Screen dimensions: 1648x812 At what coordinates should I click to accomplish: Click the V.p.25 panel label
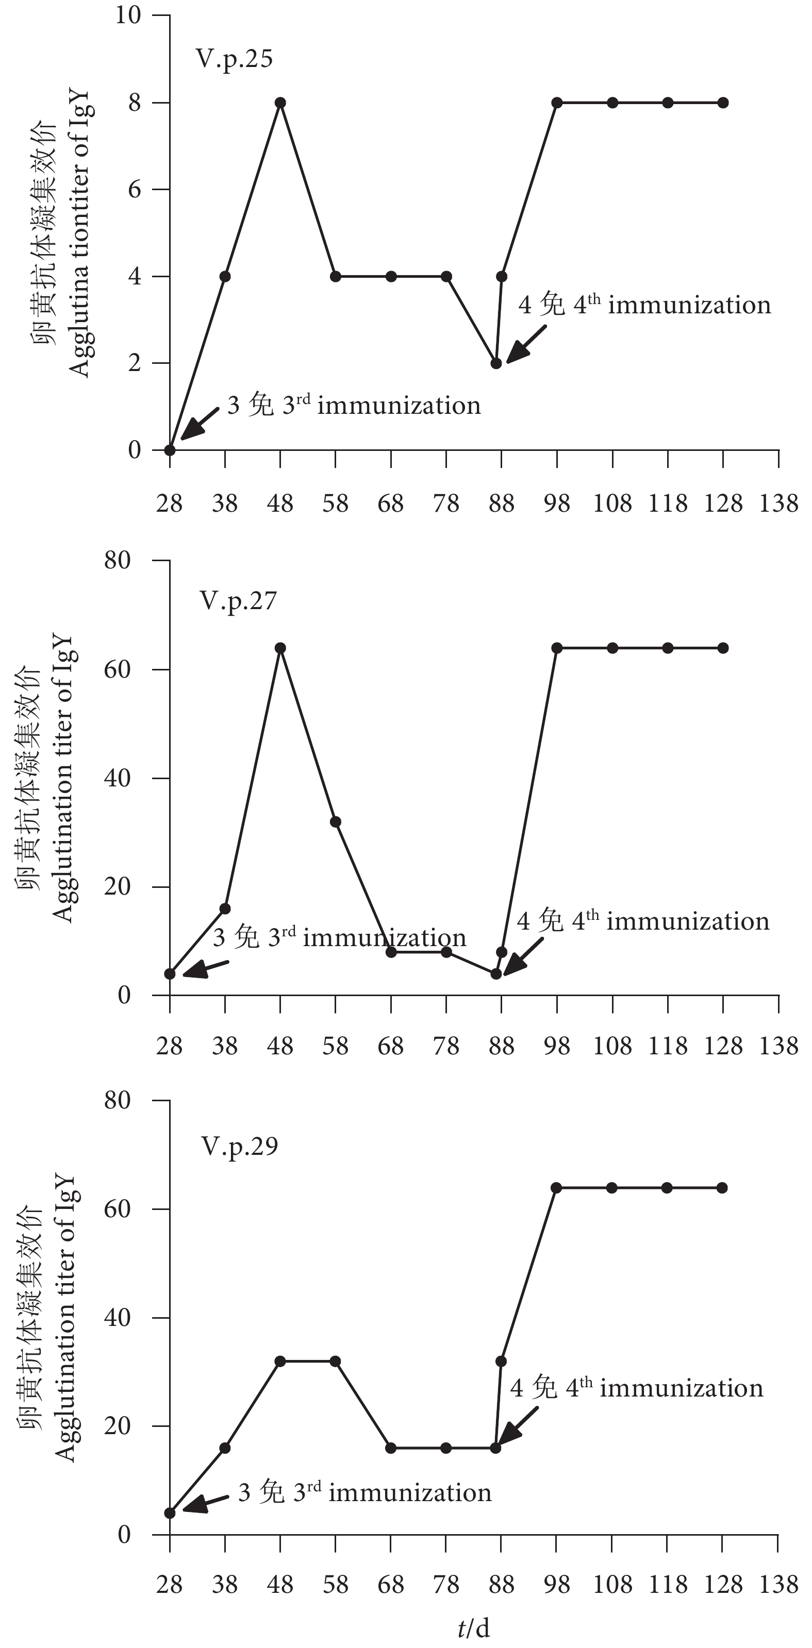click(x=234, y=59)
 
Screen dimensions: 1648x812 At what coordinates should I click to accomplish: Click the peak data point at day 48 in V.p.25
click(x=280, y=103)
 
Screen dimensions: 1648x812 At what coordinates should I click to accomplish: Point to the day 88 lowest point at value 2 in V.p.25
click(x=496, y=363)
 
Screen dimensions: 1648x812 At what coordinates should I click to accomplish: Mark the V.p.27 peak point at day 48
click(x=280, y=648)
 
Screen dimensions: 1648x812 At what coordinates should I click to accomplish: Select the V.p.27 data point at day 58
click(x=335, y=822)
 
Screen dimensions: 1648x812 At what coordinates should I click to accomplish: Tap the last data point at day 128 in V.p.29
click(x=722, y=1188)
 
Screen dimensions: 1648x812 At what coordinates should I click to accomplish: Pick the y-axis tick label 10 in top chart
click(x=127, y=15)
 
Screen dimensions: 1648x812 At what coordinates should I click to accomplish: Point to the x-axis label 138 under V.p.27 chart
click(x=778, y=1047)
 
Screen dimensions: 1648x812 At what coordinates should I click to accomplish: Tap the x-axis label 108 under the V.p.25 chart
click(x=612, y=504)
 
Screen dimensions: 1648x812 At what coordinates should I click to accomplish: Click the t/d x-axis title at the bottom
click(x=473, y=1629)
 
